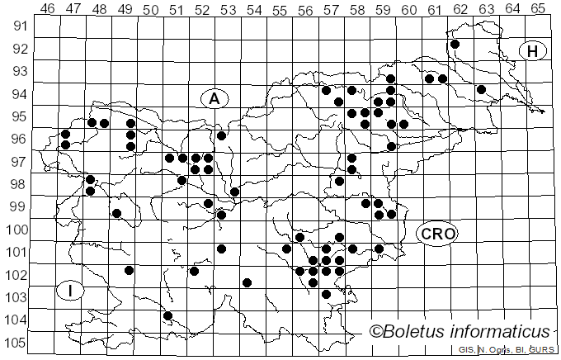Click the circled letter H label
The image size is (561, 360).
(533, 51)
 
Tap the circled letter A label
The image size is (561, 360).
(214, 99)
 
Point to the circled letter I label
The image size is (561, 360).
(72, 291)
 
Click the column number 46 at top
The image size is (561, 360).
(47, 8)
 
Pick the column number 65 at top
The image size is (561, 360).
(537, 8)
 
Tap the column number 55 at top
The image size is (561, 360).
(280, 8)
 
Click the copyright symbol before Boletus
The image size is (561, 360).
(376, 332)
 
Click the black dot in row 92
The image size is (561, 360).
(455, 44)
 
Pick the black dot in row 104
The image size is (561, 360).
(167, 315)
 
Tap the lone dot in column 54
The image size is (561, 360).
(247, 282)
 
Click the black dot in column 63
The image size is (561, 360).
(481, 89)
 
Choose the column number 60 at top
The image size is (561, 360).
(408, 8)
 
